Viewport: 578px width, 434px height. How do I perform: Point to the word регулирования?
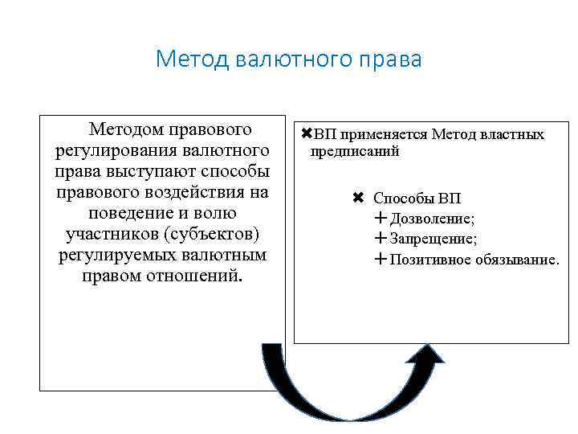point(107,150)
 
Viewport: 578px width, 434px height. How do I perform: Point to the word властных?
point(510,135)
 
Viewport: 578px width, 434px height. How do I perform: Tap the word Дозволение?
point(433,219)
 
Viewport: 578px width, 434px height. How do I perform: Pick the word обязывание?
point(518,260)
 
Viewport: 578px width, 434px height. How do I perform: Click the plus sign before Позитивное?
point(380,260)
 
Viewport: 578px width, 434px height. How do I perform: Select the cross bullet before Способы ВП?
point(358,198)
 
